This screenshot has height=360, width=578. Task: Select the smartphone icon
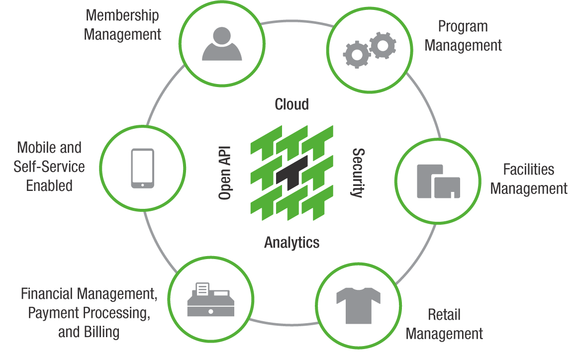coord(142,169)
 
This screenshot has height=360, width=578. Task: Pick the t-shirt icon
coord(358,304)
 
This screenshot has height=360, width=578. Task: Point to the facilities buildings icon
coord(438,180)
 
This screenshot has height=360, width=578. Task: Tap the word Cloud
coord(291,104)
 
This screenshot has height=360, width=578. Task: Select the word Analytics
coord(291,243)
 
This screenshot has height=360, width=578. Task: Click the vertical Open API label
coord(226,173)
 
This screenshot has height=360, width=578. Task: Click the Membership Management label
coord(122,24)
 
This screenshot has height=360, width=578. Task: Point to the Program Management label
coord(463,36)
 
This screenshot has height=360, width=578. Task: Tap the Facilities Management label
coord(529,179)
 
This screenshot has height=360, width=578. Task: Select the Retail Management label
coord(444,324)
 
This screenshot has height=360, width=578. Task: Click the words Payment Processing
coord(89,313)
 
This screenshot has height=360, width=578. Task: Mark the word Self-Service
coord(49,167)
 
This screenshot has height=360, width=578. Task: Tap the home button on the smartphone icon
coord(142,184)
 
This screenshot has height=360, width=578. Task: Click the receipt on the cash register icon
coord(202,288)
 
